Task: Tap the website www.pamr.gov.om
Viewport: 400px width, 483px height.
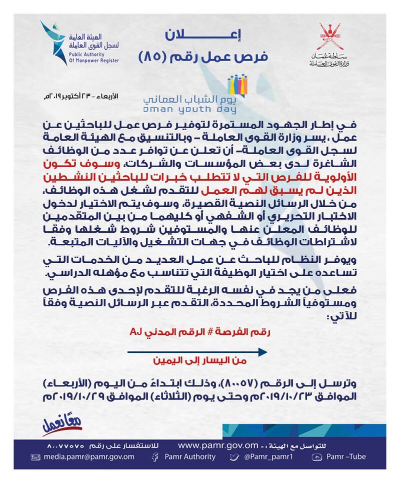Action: click(220, 444)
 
